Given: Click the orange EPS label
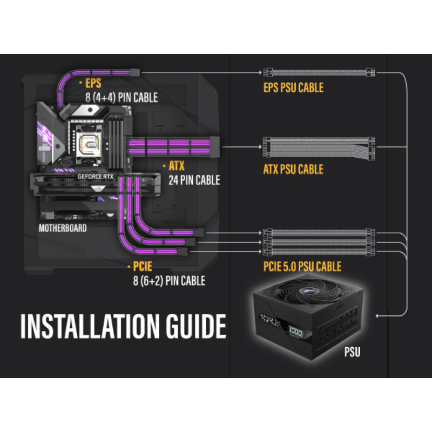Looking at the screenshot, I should pos(93,84).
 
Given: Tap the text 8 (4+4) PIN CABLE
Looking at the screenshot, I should pos(121,98).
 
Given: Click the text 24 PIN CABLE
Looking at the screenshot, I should pos(194,180).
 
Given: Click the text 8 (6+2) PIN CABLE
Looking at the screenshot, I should pos(168,281).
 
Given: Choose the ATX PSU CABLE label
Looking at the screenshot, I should pos(293,170).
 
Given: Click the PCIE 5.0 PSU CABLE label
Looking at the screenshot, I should pos(302,266).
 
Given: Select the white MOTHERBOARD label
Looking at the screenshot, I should pos(63,228).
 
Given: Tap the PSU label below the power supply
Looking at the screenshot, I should pos(352,354).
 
